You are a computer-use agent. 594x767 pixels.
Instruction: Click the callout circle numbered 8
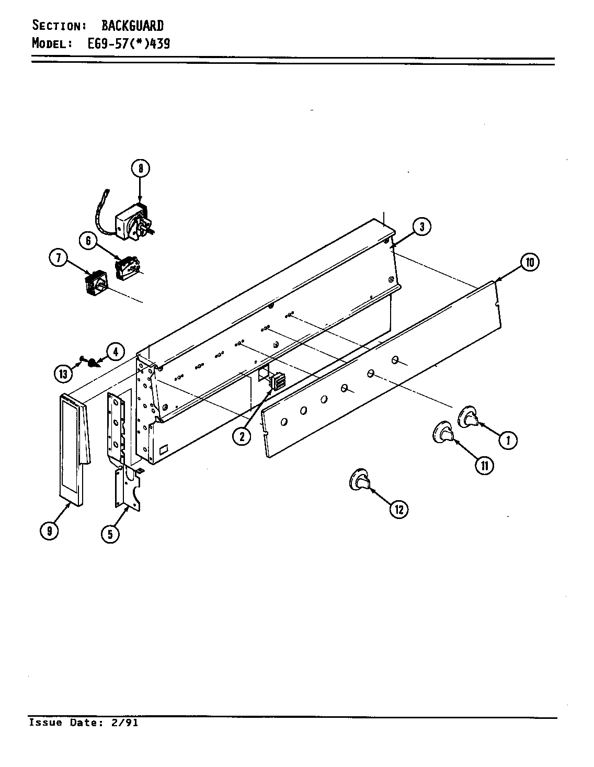(140, 168)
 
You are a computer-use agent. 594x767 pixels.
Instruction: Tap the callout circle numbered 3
(421, 227)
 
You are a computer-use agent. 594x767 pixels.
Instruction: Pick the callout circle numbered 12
(399, 509)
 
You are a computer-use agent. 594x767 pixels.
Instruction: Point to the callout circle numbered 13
(63, 374)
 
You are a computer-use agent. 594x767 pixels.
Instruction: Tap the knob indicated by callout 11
(444, 433)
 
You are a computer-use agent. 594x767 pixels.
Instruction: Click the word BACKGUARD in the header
(132, 25)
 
